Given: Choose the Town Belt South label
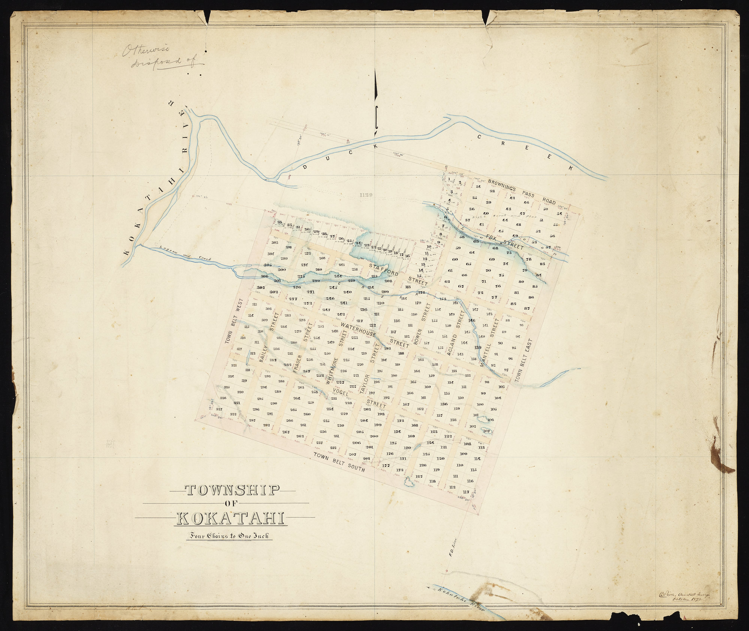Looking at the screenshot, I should click(x=339, y=461).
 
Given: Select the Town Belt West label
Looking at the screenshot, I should click(x=235, y=321).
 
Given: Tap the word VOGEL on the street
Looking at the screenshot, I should click(x=340, y=393).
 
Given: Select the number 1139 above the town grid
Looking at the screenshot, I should click(x=365, y=195).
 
